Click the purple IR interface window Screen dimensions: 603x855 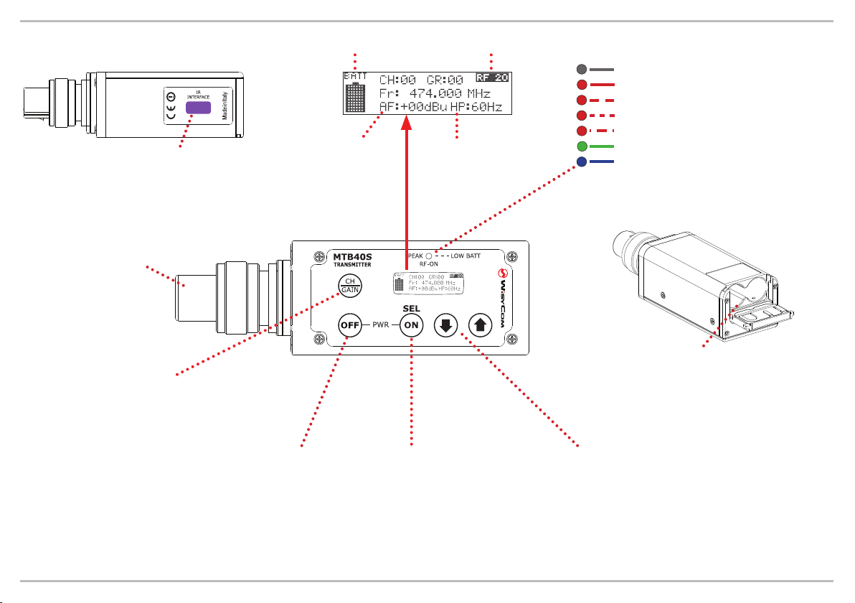point(199,108)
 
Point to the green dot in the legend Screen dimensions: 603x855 point(581,146)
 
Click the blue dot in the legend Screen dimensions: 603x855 point(581,162)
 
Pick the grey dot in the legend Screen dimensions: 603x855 point(581,70)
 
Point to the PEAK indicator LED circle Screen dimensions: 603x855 point(427,256)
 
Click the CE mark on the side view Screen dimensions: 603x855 point(171,108)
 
